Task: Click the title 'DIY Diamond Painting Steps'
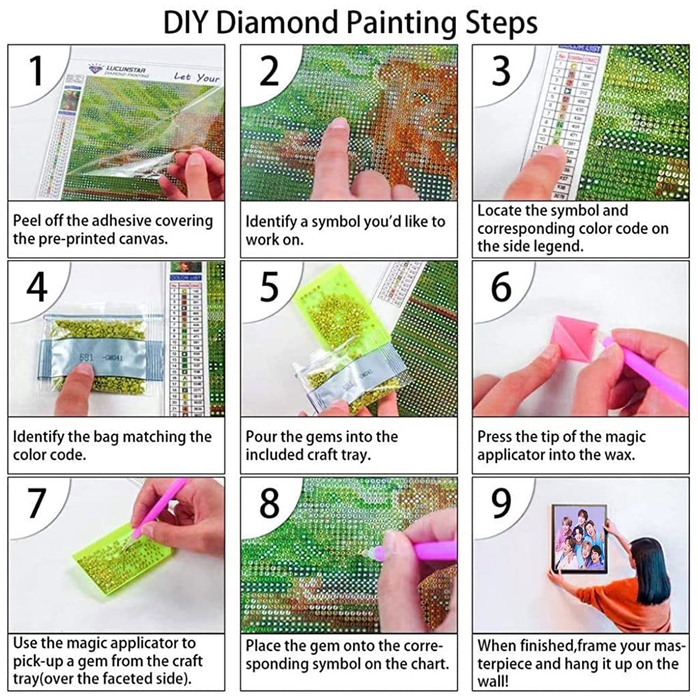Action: pos(350,22)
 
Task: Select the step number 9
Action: pos(501,504)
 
